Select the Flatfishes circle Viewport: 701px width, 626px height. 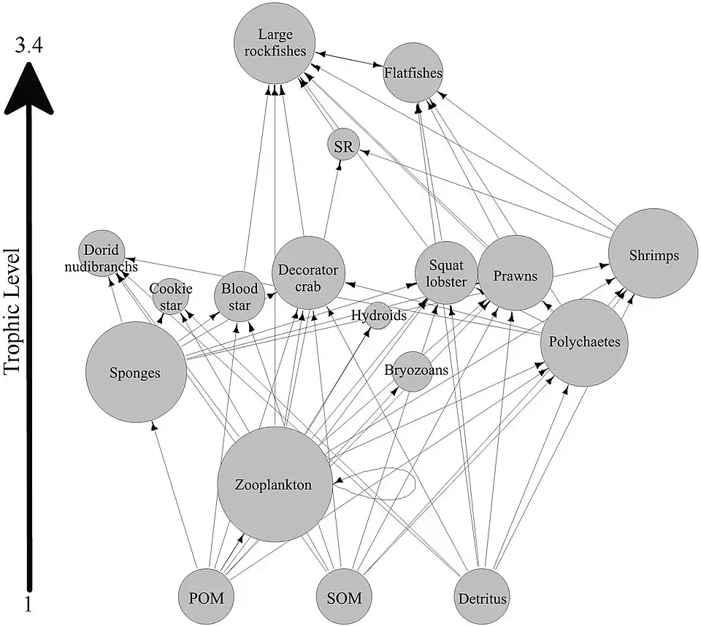[413, 73]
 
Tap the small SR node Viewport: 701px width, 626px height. [343, 146]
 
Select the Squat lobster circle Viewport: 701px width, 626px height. [446, 272]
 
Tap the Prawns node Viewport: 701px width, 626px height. [515, 275]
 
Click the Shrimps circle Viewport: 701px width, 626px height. [654, 253]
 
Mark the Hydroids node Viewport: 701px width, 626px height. [378, 316]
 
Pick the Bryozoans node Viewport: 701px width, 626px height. [413, 370]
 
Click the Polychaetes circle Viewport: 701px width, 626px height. [584, 342]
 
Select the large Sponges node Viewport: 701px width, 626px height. [134, 372]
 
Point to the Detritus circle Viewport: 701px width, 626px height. [482, 598]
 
